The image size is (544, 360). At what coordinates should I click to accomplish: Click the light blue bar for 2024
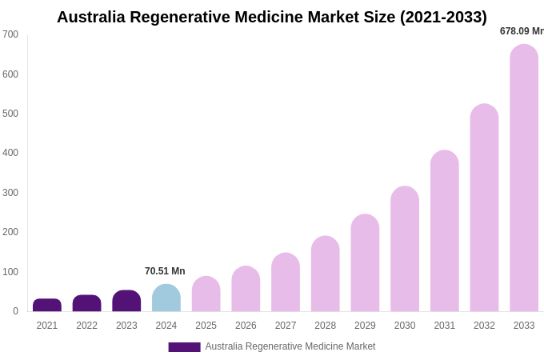point(166,298)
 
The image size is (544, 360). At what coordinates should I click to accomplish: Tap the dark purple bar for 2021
point(47,306)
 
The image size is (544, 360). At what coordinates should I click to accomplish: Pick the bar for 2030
point(405,249)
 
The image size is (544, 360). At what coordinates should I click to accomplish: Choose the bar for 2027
point(286,282)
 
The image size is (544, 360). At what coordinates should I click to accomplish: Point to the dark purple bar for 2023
point(126,301)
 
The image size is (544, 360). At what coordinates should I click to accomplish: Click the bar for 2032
point(484,208)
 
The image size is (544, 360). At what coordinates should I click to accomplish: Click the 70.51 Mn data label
point(165,271)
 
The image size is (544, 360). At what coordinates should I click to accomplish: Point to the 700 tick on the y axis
point(10,34)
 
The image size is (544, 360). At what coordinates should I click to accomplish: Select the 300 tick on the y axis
point(10,193)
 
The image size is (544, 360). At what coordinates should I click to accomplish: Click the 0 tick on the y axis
point(15,311)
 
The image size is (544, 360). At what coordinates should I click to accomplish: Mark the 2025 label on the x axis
point(206,326)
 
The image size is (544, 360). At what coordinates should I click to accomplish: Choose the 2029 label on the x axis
point(365,326)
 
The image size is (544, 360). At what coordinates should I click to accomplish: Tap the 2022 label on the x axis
point(86,326)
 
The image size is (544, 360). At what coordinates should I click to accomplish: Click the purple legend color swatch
point(184,347)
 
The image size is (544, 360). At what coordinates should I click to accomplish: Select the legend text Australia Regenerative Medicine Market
point(290,346)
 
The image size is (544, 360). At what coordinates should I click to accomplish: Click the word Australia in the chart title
point(91,17)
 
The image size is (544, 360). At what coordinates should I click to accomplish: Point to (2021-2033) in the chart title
point(443,17)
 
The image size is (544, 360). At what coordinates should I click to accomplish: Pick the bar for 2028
point(325,274)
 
